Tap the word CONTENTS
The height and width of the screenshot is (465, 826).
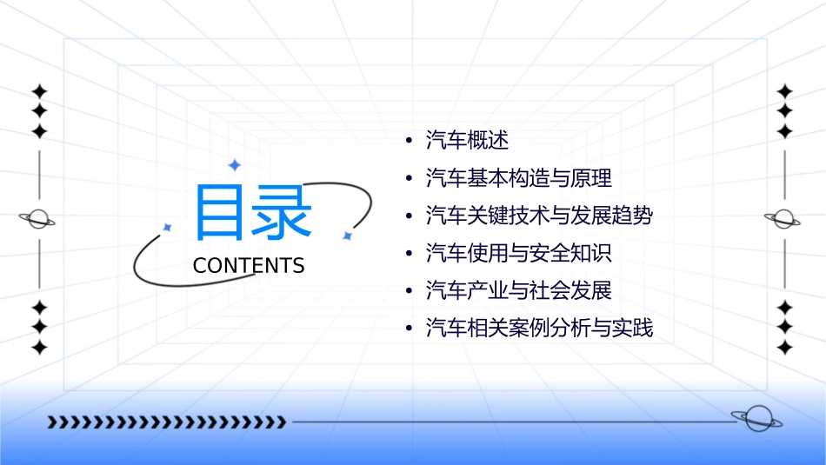coord(249,266)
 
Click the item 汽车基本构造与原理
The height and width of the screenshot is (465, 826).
coord(518,178)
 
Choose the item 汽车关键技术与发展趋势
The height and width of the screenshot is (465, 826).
coord(538,216)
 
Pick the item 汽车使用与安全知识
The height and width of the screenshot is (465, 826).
coord(518,253)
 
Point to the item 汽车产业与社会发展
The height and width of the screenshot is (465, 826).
coord(518,290)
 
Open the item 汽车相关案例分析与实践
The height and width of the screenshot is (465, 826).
coord(538,329)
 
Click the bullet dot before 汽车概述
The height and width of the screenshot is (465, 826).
coord(409,141)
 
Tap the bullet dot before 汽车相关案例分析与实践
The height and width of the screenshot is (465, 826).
coord(409,329)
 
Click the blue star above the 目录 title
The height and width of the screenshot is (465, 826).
coord(233,164)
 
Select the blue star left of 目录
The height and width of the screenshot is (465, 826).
coord(167,227)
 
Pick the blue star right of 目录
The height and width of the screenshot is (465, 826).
coord(346,236)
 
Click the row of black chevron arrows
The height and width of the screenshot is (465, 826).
coord(167,422)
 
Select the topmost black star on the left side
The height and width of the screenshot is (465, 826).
coord(38,90)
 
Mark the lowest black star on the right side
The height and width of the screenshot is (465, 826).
coord(784,348)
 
